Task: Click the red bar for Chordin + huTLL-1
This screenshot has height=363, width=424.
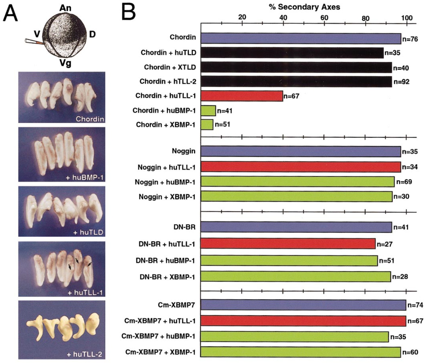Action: pos(242,96)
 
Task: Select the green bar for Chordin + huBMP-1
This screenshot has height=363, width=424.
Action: pos(208,111)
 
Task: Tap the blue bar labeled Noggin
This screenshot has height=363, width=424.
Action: pos(301,151)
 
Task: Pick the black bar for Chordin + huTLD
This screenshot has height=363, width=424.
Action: pos(292,53)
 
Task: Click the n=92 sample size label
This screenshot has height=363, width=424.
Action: pos(401,82)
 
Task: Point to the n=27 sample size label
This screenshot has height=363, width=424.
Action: pos(384,244)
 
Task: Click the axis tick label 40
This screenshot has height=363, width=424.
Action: pos(283,17)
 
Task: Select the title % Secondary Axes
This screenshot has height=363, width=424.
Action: pos(304,7)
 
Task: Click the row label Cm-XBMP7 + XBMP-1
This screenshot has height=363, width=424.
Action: pos(160,352)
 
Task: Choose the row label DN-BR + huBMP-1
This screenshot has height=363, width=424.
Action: pos(165,260)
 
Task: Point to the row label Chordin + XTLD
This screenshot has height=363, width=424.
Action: pos(170,67)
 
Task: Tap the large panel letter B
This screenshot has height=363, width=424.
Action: pos(128,12)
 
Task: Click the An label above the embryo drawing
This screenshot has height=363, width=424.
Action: pos(65,8)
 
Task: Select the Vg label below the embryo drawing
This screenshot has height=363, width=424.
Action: pos(65,63)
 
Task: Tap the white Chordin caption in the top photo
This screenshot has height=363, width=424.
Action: pos(90,119)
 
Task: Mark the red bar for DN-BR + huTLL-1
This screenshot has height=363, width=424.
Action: pos(288,244)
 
